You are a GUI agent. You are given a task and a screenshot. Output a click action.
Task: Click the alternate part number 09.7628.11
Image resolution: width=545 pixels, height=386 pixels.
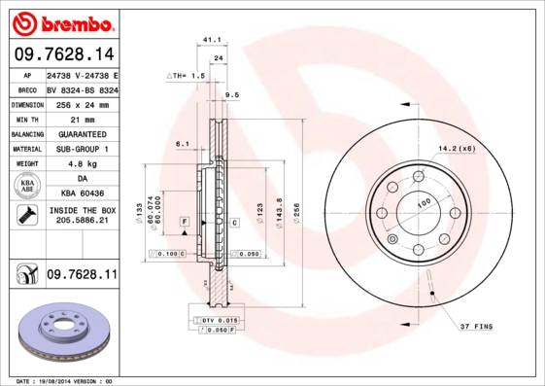(81, 276)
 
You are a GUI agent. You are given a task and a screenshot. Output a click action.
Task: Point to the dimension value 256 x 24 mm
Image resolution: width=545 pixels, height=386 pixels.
(81, 103)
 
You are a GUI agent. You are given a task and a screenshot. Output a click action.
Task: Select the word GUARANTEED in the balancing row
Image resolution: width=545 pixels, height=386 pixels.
(81, 133)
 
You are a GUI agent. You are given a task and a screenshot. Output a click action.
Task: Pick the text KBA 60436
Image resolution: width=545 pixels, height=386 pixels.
(81, 193)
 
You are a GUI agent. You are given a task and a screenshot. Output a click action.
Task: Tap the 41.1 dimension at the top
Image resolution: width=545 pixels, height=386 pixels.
(208, 40)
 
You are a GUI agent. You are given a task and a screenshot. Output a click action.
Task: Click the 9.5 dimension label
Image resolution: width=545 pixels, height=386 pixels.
(231, 95)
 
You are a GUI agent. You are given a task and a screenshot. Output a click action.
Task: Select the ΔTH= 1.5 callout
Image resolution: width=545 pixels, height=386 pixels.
(186, 75)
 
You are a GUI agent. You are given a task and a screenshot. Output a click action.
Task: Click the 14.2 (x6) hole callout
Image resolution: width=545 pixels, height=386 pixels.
(456, 148)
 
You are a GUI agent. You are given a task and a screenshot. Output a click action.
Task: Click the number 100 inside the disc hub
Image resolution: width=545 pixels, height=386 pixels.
(424, 204)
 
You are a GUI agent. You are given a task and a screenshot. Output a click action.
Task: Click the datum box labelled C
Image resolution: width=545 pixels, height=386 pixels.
(234, 223)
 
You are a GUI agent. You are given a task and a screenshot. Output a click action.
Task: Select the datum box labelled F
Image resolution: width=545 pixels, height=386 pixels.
(183, 223)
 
